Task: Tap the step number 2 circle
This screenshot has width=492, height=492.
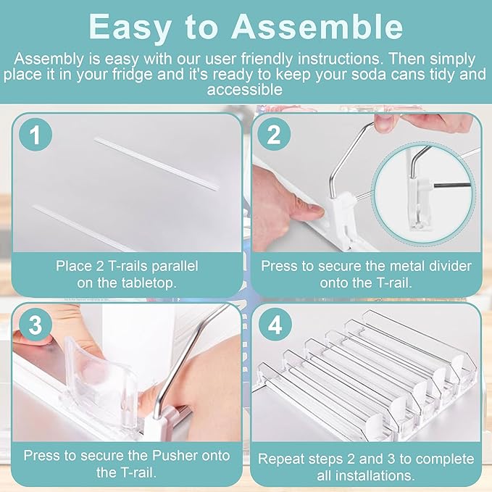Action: point(274,135)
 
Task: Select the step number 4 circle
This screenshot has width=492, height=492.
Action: point(274,325)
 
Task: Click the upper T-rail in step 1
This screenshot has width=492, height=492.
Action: point(156,165)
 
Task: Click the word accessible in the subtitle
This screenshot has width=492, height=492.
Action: point(245,90)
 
